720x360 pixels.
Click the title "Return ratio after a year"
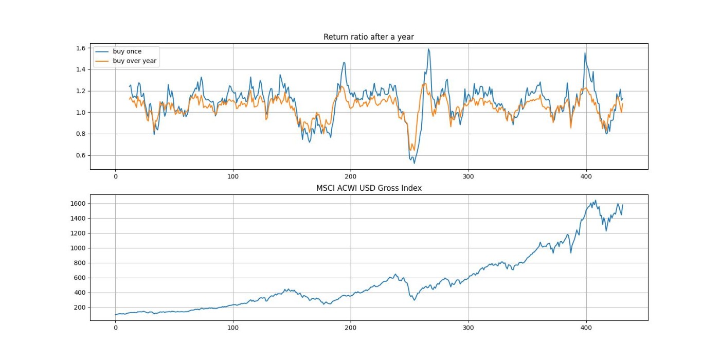click(368, 37)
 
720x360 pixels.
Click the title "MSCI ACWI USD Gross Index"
click(368, 188)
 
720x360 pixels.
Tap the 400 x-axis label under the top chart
click(586, 176)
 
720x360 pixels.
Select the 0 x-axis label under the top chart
click(115, 176)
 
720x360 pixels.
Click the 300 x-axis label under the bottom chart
click(469, 328)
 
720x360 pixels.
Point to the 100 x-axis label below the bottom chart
click(233, 328)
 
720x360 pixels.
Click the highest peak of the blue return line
click(428, 49)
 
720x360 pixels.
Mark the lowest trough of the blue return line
click(414, 164)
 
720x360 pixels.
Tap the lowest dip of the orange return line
click(410, 150)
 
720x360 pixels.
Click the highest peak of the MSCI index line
click(596, 200)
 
